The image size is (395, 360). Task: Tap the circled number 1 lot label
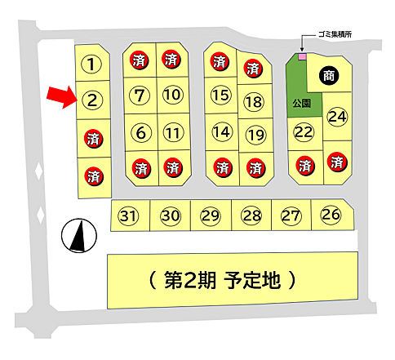[93, 64]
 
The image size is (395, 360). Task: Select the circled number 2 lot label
[93, 100]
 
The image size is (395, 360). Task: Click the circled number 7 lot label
[140, 95]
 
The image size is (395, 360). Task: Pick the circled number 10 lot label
[171, 95]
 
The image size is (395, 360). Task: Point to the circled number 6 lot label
[140, 131]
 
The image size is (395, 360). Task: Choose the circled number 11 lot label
[171, 131]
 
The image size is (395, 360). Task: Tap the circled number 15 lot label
[220, 95]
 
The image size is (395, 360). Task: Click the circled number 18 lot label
[254, 102]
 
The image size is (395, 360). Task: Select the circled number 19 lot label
[255, 134]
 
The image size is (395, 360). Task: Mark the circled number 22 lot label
[304, 132]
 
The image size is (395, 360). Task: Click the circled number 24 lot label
[337, 117]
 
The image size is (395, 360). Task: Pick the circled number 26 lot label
[331, 215]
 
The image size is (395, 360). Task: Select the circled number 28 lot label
[251, 216]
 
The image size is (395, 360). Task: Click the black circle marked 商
[328, 74]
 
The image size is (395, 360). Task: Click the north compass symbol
[78, 237]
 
